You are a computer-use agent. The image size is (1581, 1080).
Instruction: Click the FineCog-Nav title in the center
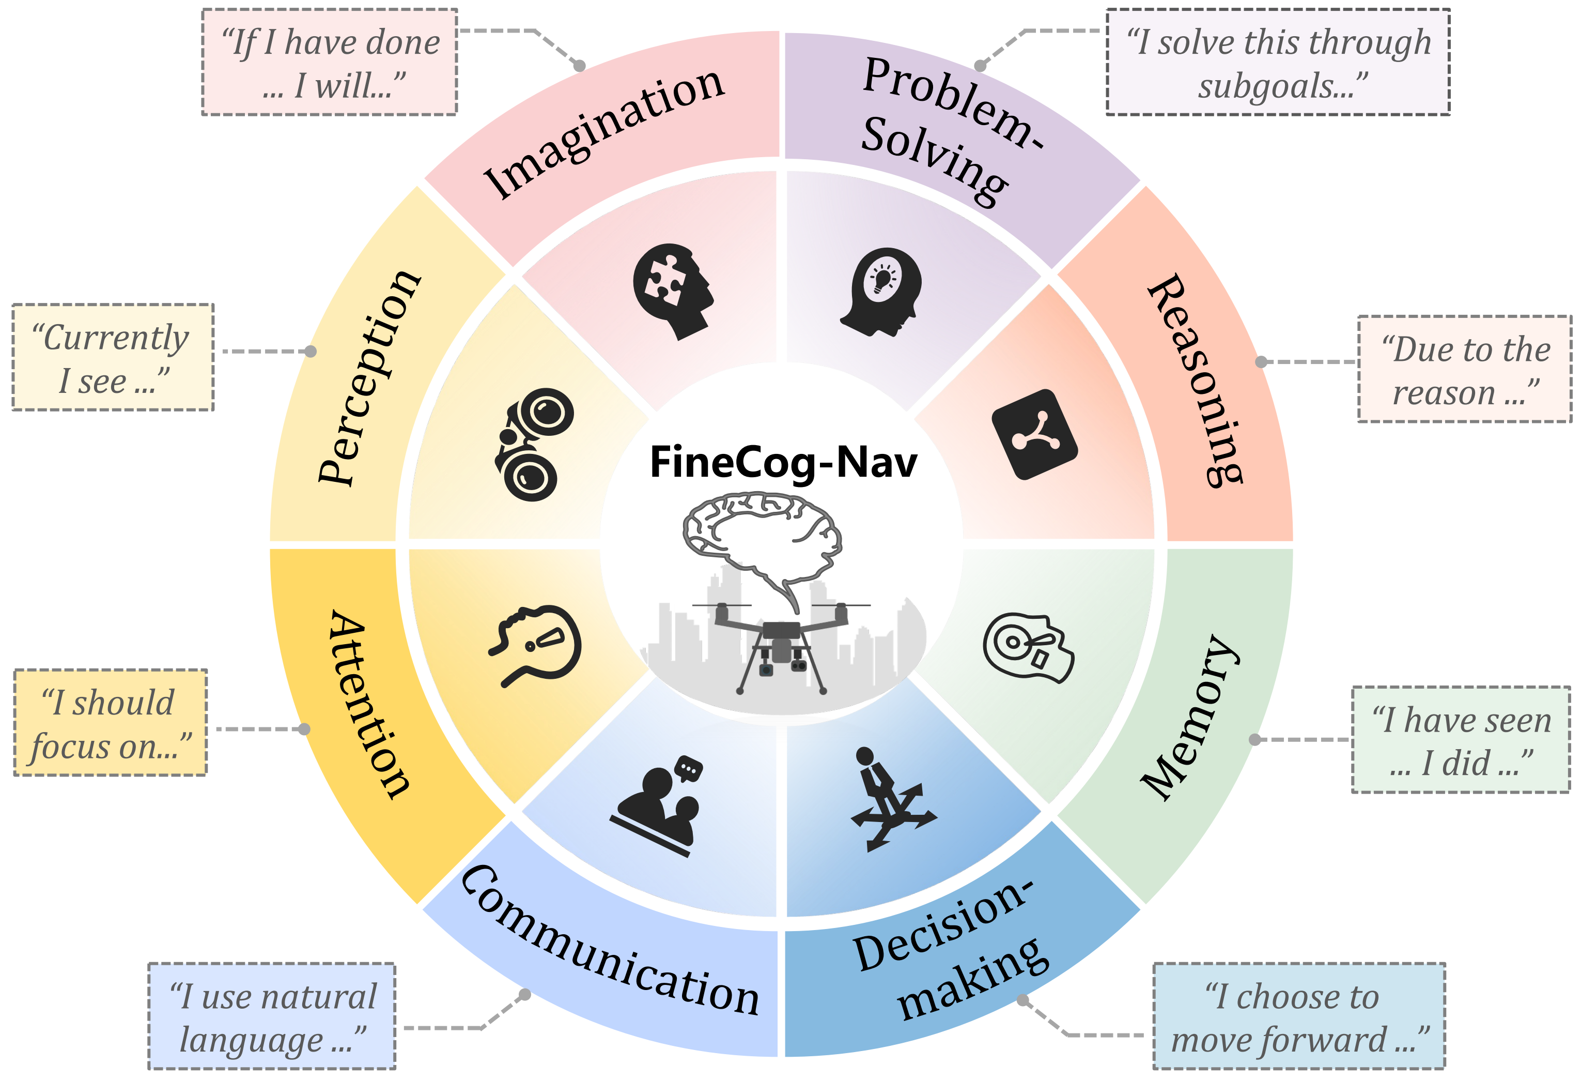(783, 463)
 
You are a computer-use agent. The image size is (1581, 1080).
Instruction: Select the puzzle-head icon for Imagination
(673, 291)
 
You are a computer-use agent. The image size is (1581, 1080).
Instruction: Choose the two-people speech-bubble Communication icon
(657, 806)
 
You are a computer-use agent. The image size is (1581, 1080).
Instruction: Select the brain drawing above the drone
(762, 538)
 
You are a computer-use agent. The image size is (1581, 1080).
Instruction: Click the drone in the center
(781, 647)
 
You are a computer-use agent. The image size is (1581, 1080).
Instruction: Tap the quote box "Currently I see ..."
(113, 357)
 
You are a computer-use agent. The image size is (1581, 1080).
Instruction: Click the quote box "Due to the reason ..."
(1464, 369)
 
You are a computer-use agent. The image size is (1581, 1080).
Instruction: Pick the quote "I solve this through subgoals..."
(1278, 62)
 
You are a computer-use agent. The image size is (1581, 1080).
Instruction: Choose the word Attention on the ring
(369, 704)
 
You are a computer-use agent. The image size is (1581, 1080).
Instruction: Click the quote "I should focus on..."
(110, 723)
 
